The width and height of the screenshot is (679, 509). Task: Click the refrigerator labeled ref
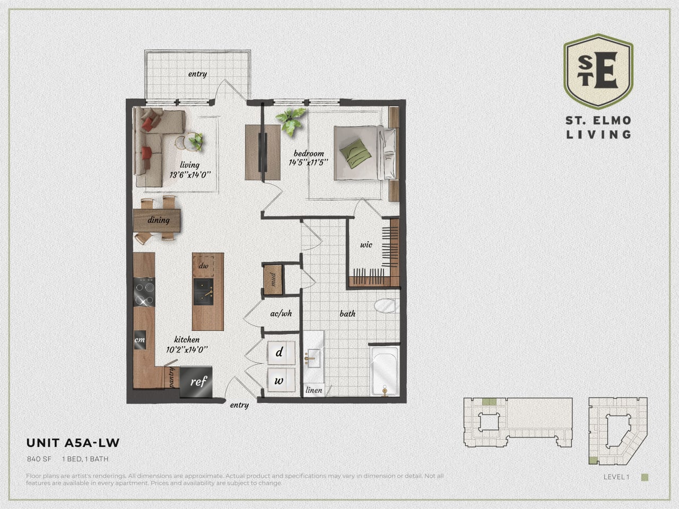tap(196, 381)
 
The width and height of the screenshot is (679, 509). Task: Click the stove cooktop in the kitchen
tap(144, 292)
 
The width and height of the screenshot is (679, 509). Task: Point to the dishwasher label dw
tap(203, 266)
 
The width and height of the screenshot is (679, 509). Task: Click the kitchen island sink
tap(203, 292)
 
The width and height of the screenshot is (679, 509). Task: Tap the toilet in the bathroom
tap(385, 306)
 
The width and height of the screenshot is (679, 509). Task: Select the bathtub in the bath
tap(385, 371)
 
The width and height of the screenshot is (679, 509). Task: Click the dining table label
tap(158, 220)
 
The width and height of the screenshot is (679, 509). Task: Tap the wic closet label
tap(366, 245)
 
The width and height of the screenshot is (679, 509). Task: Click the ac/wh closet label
tap(281, 314)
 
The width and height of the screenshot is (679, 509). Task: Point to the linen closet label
tap(314, 390)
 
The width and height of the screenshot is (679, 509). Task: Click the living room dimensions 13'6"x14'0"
tap(190, 174)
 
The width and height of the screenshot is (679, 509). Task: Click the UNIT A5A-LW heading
tap(73, 443)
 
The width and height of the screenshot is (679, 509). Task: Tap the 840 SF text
tap(39, 459)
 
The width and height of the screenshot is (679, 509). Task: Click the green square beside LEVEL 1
tap(645, 477)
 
